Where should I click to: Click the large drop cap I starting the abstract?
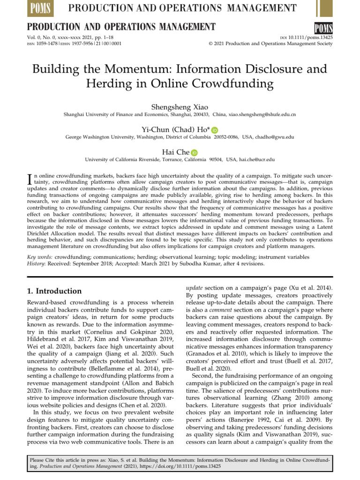(31, 179)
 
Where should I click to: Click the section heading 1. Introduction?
(55, 291)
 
